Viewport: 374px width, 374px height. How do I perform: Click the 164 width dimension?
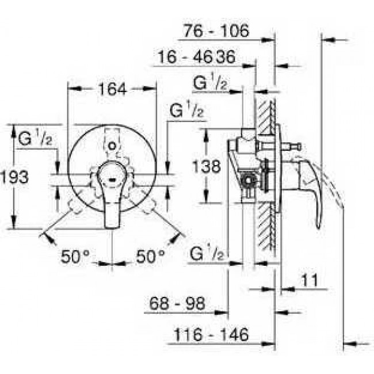(x=113, y=89)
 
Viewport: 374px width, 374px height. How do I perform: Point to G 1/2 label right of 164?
(x=186, y=111)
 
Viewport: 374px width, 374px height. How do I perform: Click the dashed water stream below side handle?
(x=336, y=190)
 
